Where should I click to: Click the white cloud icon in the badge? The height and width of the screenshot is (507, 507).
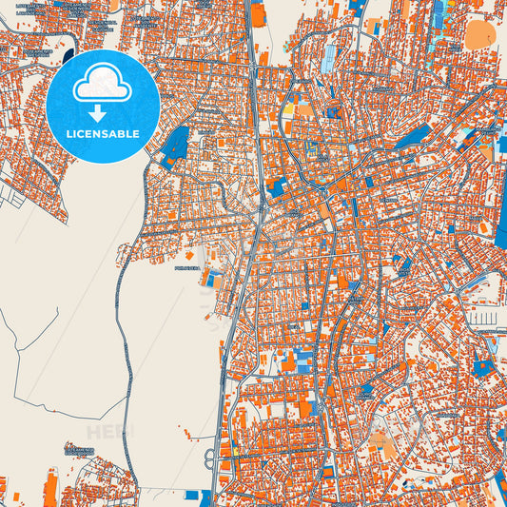pos(102,83)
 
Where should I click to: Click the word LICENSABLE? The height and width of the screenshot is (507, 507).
pos(102,134)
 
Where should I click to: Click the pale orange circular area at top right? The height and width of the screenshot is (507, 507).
pos(478,33)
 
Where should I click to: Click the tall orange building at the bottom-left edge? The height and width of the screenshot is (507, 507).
pos(50,489)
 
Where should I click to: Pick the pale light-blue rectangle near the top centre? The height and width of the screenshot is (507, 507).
pos(328,57)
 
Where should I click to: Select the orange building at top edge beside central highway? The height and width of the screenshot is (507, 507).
pos(259,13)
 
